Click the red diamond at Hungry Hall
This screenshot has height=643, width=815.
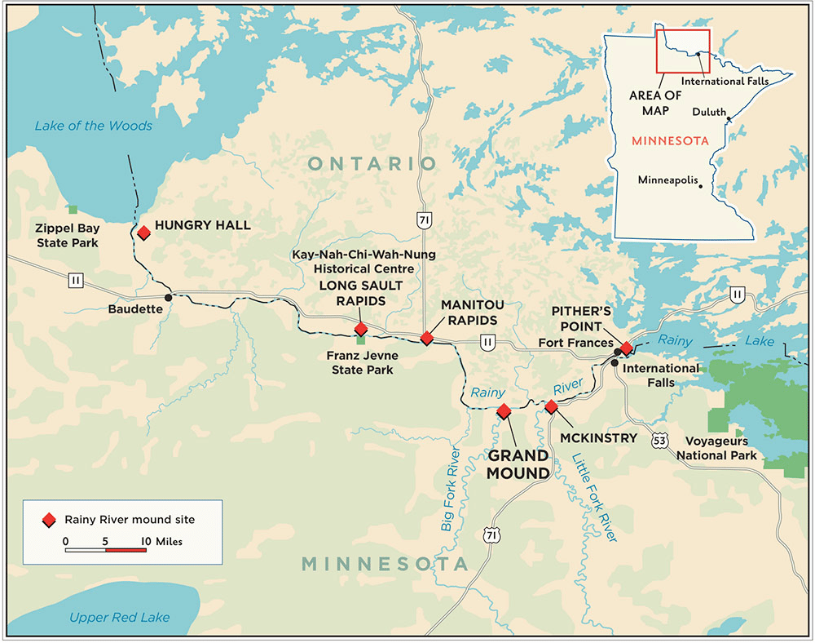(143, 233)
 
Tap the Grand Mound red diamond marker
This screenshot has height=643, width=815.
(504, 410)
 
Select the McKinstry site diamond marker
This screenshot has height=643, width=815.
(551, 406)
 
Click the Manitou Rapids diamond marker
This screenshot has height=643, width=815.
(426, 338)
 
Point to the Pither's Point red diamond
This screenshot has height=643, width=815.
(626, 348)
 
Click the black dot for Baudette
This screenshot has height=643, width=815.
(168, 297)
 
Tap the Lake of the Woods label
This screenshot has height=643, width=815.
(93, 126)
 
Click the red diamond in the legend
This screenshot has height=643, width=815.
(49, 519)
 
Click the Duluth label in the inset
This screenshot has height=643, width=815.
(707, 112)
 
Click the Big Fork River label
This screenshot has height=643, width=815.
(452, 490)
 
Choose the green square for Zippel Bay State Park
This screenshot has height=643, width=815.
(73, 210)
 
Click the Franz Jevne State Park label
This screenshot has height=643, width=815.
(359, 363)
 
